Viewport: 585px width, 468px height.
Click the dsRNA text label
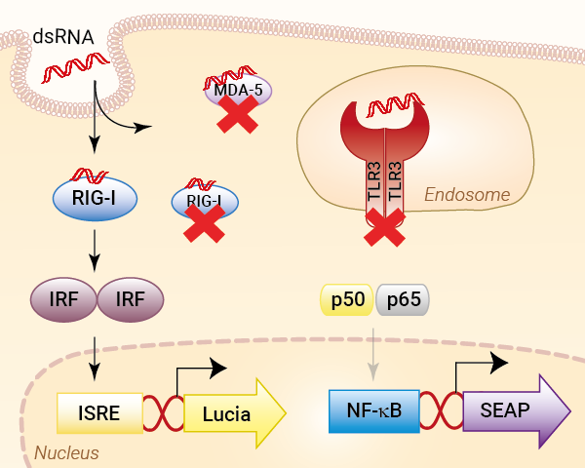coord(63,37)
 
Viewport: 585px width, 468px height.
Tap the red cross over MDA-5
coord(237,113)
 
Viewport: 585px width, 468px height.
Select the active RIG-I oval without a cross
coord(96,198)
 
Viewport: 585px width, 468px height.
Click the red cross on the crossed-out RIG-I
coord(204,223)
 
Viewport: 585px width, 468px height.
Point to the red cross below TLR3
coord(384,227)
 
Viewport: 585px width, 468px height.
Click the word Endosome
coord(467,194)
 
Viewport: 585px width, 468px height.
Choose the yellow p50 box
coord(347,299)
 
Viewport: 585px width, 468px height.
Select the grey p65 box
coord(403,299)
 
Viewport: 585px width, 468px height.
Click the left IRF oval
coord(63,299)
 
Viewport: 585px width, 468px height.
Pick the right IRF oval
coord(131,299)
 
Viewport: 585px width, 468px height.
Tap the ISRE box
coord(99,413)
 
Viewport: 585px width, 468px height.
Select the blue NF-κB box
coord(374,411)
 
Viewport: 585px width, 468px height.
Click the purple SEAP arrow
coord(517,410)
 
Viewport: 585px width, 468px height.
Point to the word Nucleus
coord(66,453)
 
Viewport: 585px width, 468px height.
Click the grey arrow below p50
coord(373,355)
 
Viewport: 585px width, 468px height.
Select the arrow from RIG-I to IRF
coord(95,251)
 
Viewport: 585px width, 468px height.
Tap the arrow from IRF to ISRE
coord(95,359)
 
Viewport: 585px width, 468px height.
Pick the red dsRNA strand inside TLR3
coord(396,103)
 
